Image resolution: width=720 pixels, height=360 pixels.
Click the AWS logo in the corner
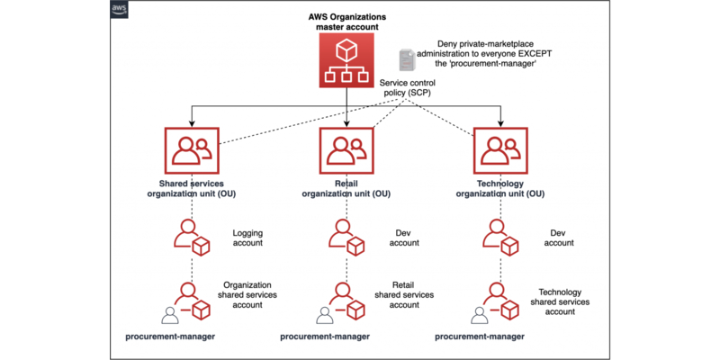click(x=119, y=10)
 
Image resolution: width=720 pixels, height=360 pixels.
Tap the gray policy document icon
click(x=409, y=59)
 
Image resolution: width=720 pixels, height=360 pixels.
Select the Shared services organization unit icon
click(x=191, y=151)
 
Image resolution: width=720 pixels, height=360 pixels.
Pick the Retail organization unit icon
click(x=346, y=151)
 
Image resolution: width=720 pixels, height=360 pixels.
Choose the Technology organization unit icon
click(x=500, y=151)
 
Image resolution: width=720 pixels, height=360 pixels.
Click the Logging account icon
click(x=191, y=238)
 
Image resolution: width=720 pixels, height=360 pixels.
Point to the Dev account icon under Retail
click(x=346, y=238)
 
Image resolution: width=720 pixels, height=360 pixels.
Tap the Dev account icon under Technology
click(x=500, y=238)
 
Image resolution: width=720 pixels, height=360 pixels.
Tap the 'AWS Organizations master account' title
click(x=346, y=22)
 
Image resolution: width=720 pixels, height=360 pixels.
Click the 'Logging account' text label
click(x=247, y=238)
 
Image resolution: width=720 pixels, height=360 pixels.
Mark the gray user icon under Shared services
click(x=168, y=315)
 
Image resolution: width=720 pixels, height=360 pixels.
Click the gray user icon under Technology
click(x=478, y=315)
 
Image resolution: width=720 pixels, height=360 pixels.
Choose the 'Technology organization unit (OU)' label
click(x=501, y=189)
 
